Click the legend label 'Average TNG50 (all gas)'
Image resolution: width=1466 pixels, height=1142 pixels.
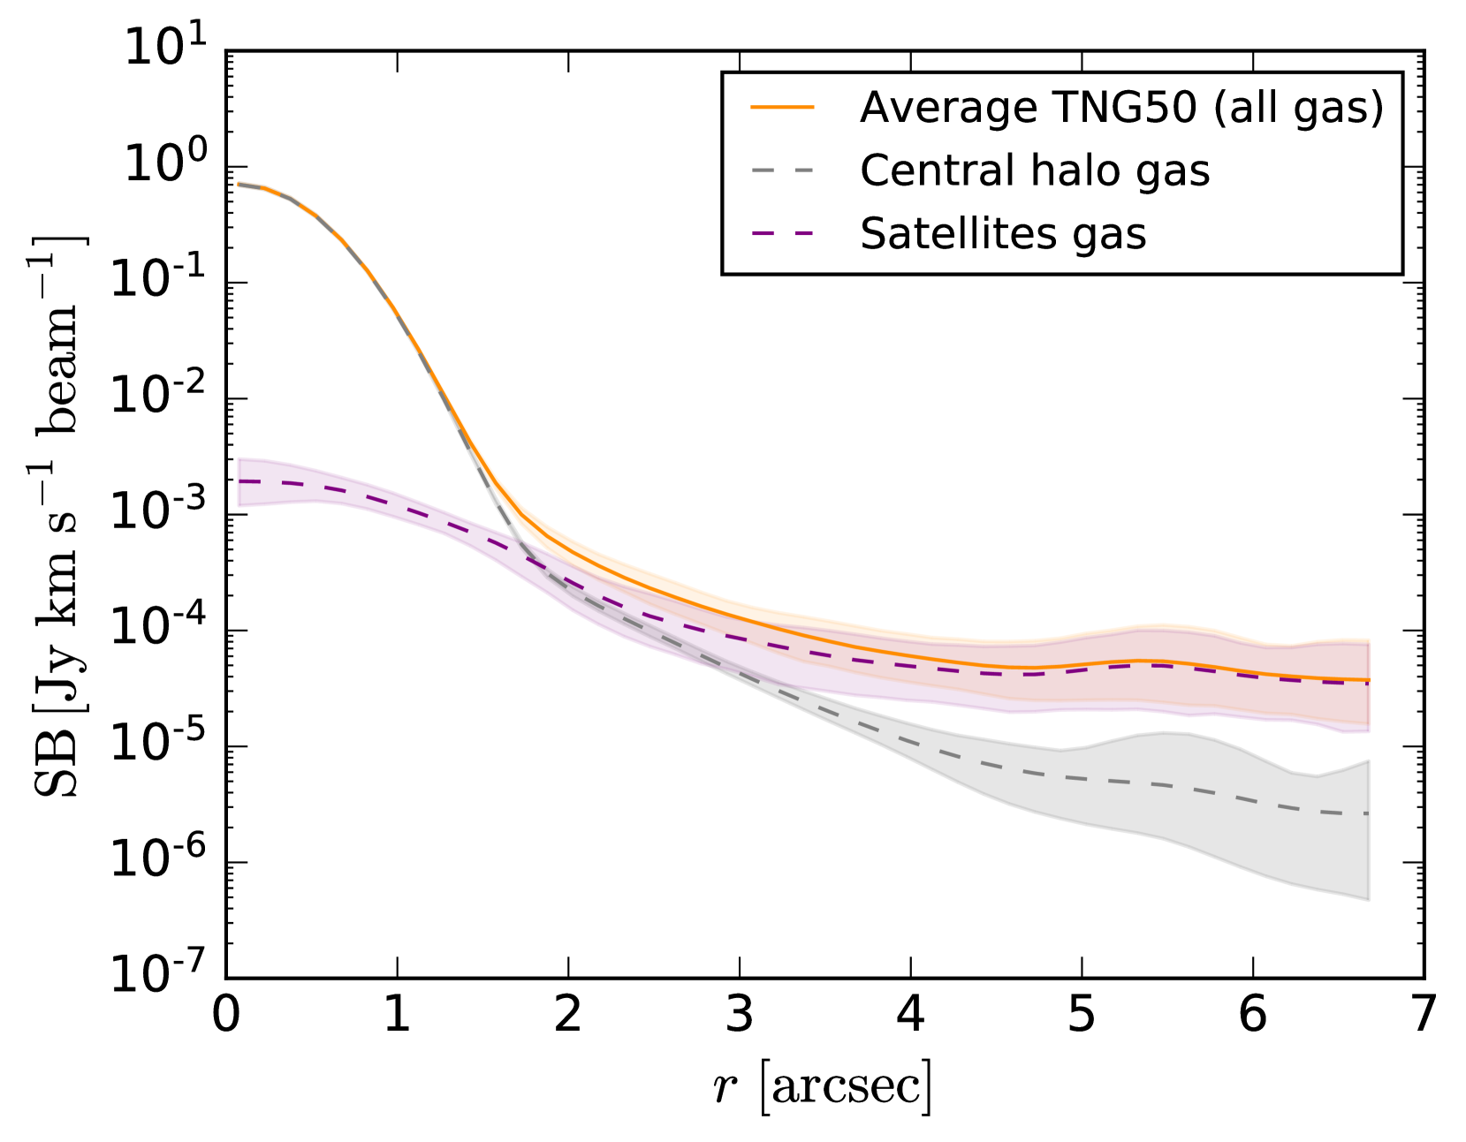(1121, 108)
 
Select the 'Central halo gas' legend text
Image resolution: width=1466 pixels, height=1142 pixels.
(1034, 170)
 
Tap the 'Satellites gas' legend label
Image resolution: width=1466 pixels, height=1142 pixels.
(1003, 234)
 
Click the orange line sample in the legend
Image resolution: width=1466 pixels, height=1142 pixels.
(782, 108)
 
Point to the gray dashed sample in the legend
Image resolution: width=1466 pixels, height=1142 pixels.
(782, 170)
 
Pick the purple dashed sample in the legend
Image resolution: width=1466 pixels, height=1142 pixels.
(782, 234)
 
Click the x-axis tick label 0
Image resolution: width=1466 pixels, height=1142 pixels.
(226, 1015)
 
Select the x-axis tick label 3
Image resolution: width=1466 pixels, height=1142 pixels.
(740, 1015)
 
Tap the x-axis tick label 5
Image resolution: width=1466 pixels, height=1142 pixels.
(1082, 1015)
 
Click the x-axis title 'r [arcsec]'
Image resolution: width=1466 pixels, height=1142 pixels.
(823, 1086)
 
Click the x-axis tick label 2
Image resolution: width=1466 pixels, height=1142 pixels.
(568, 1015)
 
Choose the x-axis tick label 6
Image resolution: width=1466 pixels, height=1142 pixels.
(1252, 1015)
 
